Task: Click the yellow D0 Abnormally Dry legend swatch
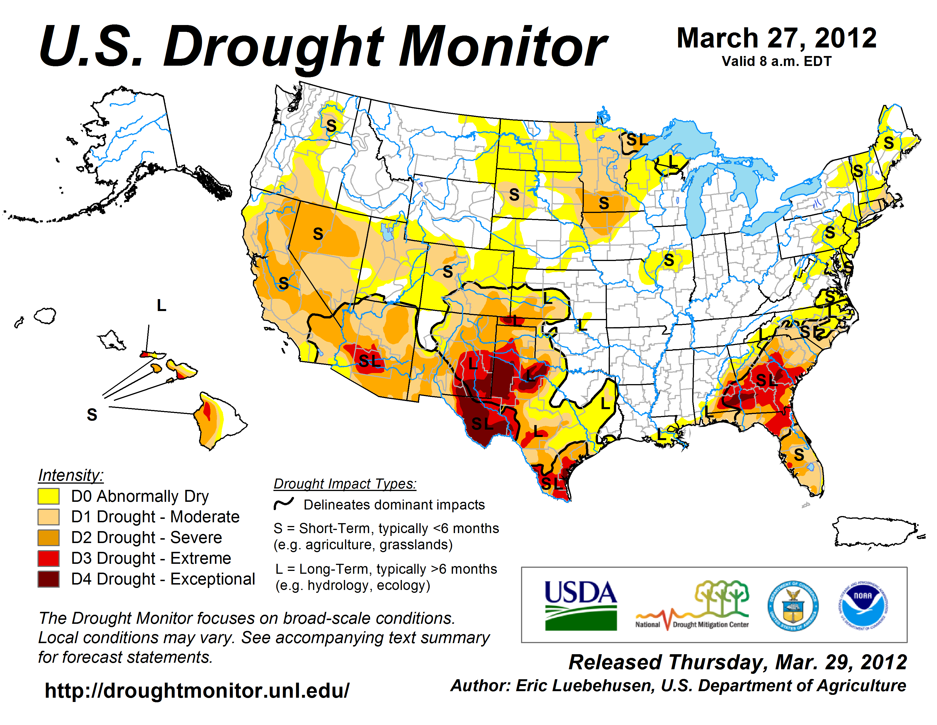click(49, 496)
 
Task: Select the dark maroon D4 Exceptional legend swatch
click(49, 579)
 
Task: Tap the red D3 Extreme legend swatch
click(49, 558)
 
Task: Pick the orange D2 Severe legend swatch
click(49, 538)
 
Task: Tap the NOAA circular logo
click(863, 606)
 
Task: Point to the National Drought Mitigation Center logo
click(693, 606)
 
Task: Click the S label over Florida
click(798, 454)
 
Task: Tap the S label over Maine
click(888, 143)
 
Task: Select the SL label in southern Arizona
click(369, 361)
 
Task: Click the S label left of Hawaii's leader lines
click(92, 415)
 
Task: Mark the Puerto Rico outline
click(875, 533)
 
